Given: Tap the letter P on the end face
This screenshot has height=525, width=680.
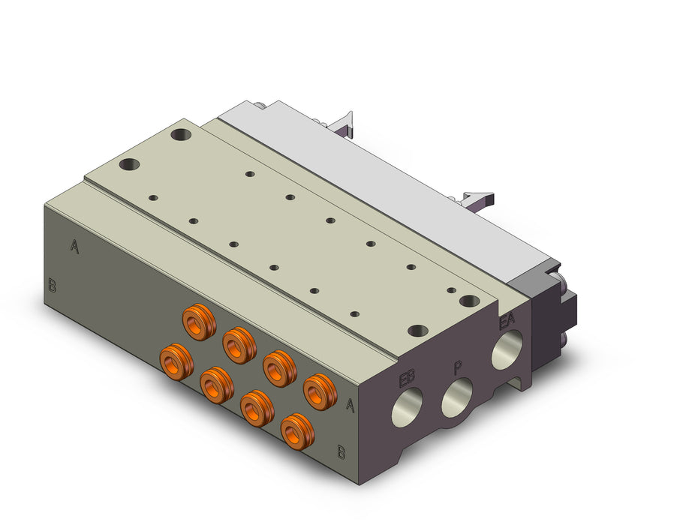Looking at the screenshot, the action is pos(458,367).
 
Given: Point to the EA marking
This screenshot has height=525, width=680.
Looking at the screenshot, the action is pos(507,321).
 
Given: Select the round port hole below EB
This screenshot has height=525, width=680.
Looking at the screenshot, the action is pos(407,407).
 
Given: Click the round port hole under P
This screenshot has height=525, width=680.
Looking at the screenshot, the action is pos(456,397).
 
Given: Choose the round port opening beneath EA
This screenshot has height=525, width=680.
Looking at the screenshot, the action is pos(507,349).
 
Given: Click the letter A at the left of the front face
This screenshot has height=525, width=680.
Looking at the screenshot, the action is pos(74,246).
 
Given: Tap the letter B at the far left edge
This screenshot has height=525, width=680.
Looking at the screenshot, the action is pos(52,285).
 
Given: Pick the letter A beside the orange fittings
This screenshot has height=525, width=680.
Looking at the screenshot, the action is pos(350,405).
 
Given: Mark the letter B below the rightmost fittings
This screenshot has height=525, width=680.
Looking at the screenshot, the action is pos(342,451).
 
